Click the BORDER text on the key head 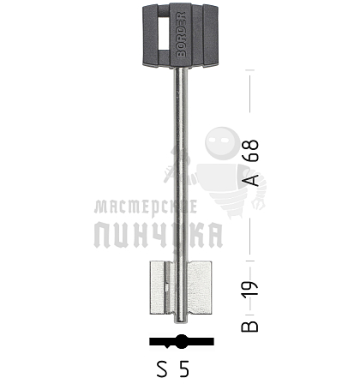pos(181,34)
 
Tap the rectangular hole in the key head pos(163,33)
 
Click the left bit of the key pos(162,288)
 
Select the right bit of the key pos(200,288)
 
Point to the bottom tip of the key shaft pos(181,323)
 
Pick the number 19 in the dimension pos(250,290)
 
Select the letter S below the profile pos(162,369)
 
